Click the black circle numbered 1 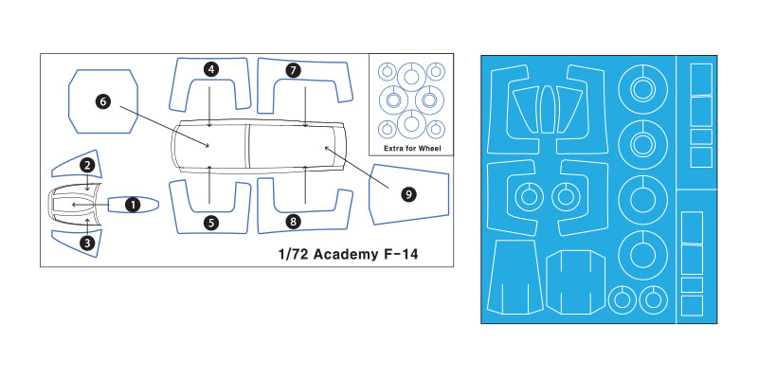tap(132, 205)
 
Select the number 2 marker tap(87, 165)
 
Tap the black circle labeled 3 tap(87, 243)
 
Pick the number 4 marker tap(210, 69)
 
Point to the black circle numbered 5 tap(210, 223)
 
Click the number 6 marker tap(103, 101)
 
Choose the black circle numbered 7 tap(293, 70)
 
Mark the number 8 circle tap(293, 222)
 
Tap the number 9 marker tap(408, 194)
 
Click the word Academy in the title tap(343, 254)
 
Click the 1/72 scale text tap(294, 254)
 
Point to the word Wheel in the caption tap(430, 149)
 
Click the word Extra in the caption tap(393, 149)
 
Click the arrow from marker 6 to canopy tap(163, 127)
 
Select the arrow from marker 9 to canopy tap(357, 167)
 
